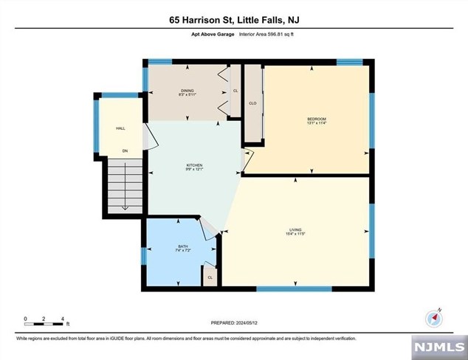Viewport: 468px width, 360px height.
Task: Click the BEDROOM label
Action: [x=316, y=120]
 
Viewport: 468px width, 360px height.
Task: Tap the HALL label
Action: [x=120, y=128]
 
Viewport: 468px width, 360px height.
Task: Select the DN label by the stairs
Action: [x=125, y=152]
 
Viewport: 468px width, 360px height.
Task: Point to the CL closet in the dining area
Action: [x=235, y=91]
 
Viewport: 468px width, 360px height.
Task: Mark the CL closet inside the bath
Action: [x=210, y=277]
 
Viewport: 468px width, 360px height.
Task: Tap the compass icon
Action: [x=434, y=318]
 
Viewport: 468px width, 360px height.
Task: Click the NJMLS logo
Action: [x=439, y=346]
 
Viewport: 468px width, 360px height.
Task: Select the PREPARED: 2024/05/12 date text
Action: [x=233, y=322]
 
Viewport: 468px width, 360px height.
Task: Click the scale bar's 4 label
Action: [x=63, y=318]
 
